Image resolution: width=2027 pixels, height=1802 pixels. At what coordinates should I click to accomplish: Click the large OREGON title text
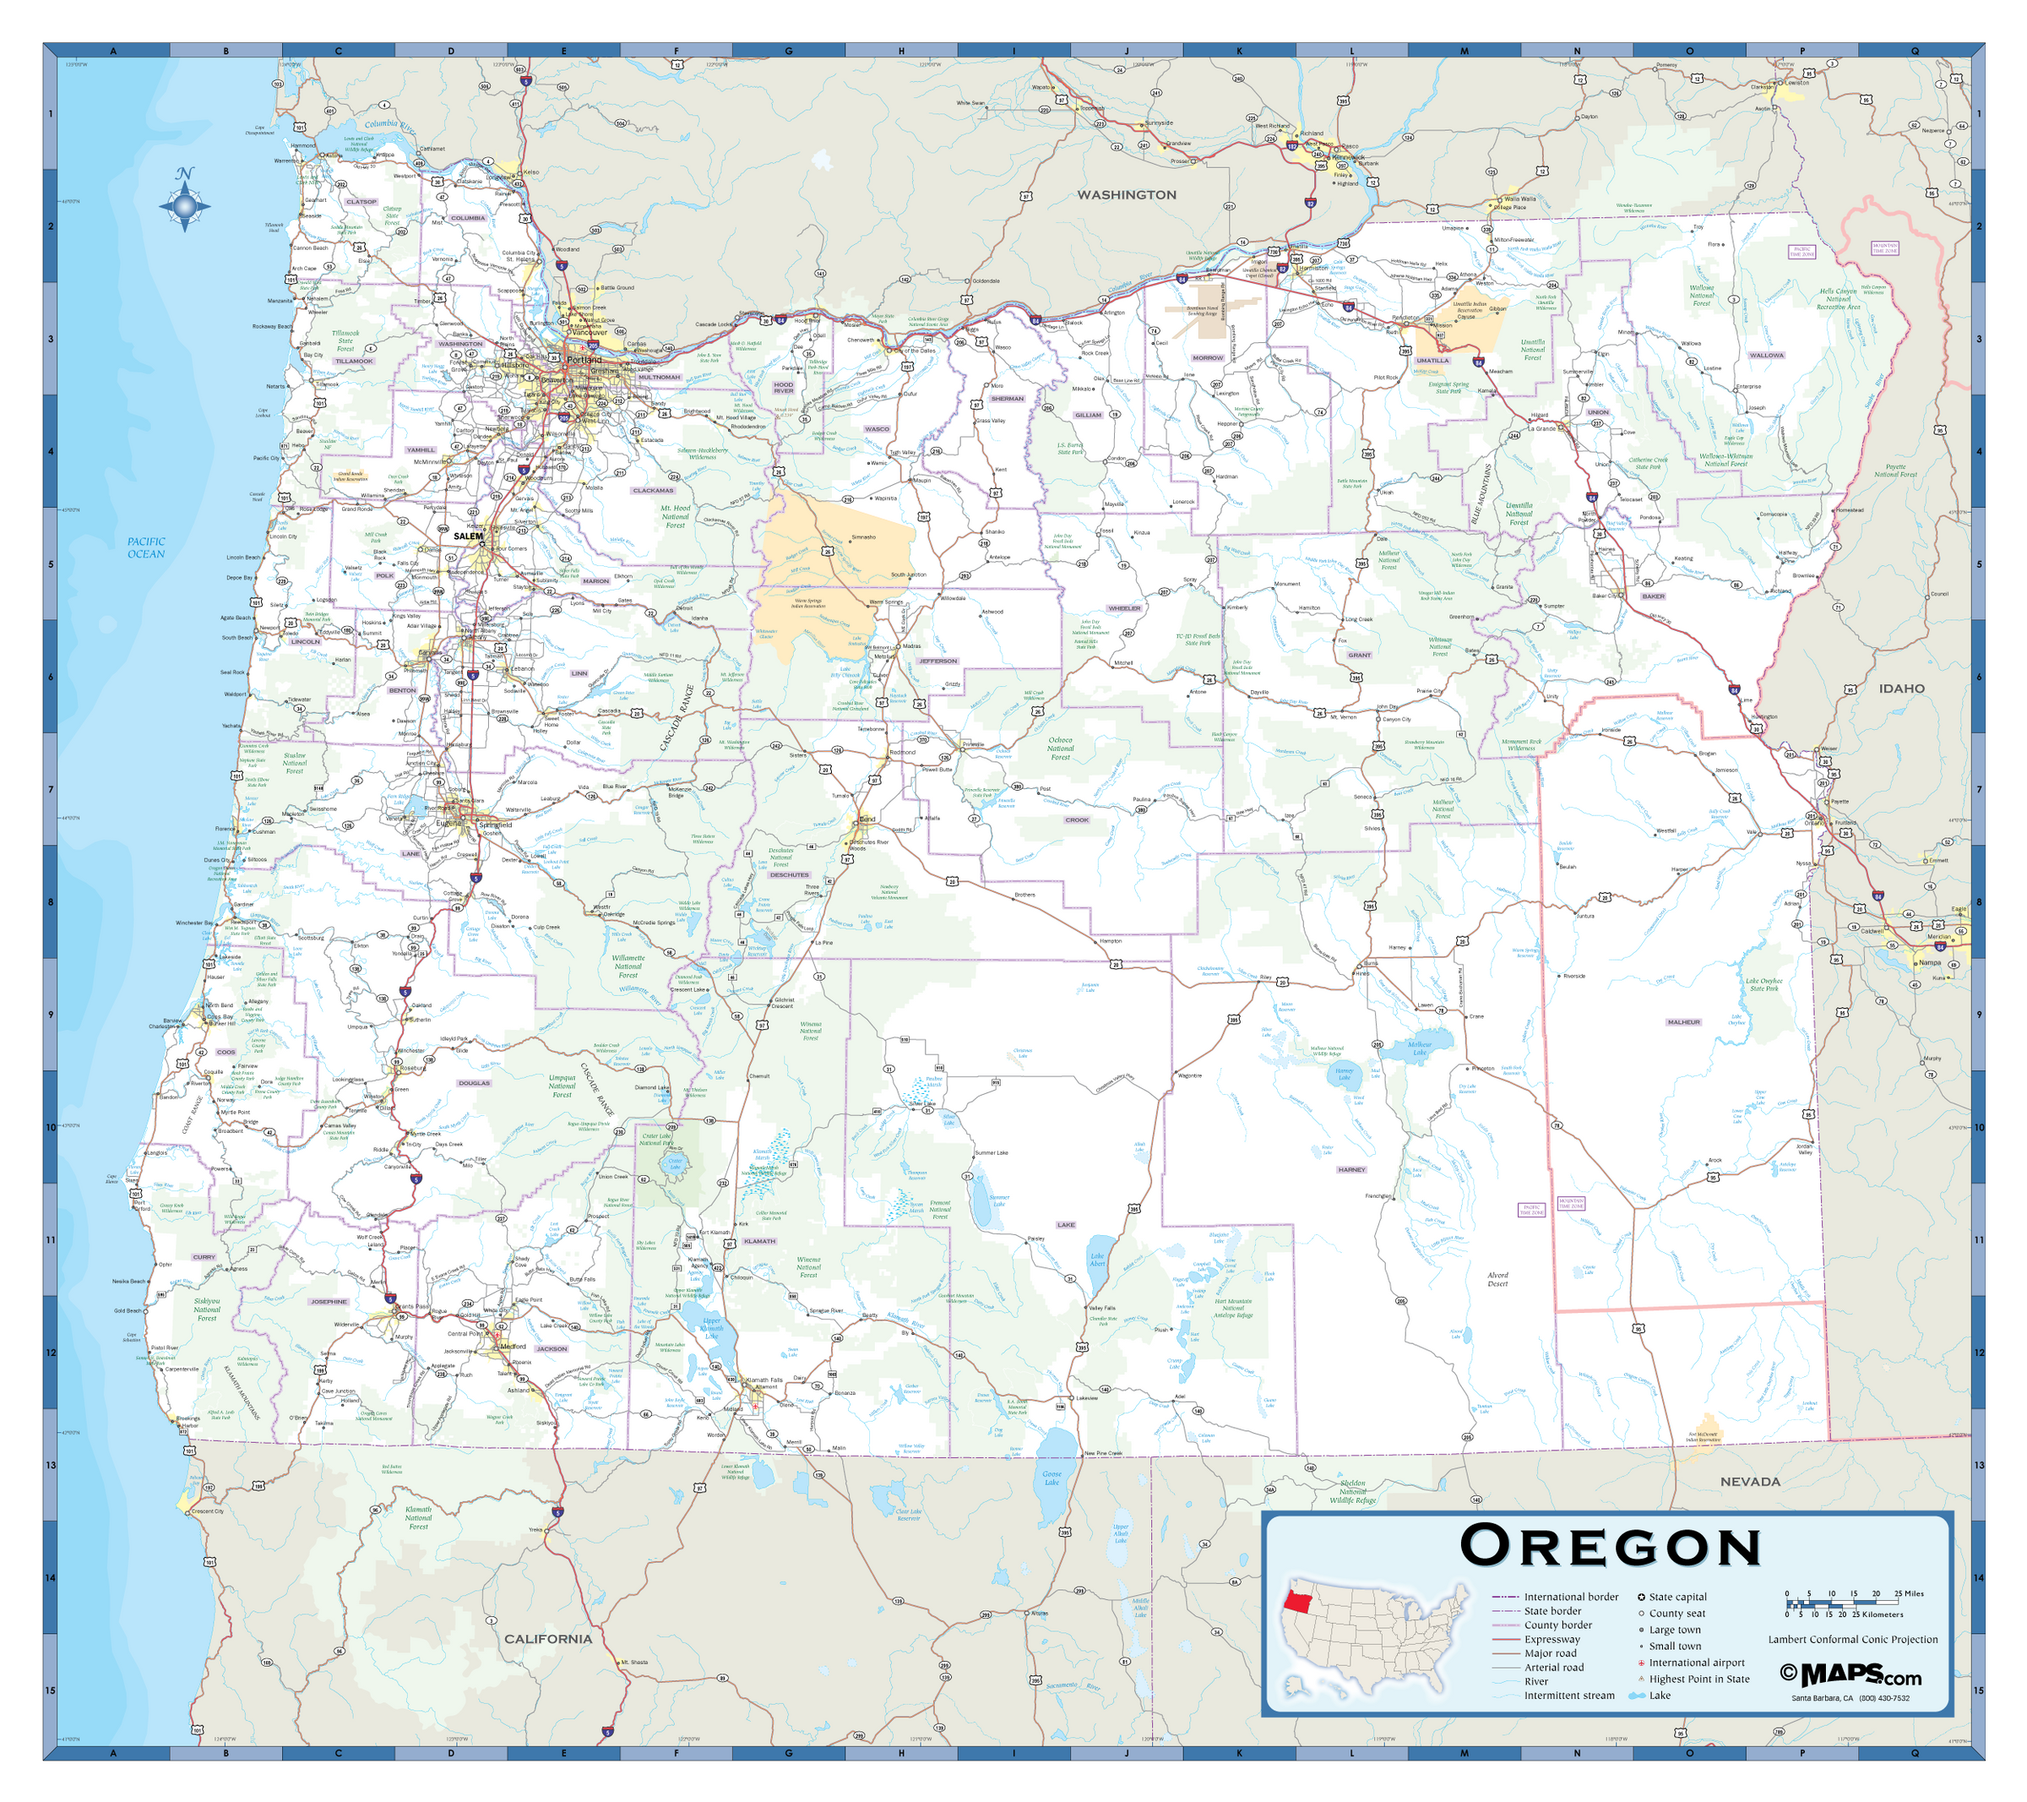click(1610, 1546)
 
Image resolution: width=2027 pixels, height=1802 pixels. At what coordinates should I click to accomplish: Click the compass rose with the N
click(184, 206)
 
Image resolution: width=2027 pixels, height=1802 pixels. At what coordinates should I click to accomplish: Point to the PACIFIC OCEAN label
click(146, 547)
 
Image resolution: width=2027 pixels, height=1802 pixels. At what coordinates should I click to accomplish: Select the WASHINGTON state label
click(1127, 194)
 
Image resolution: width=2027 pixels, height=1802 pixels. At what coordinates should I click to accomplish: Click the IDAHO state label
click(1901, 689)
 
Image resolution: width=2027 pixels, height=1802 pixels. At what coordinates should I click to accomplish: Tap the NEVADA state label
click(1749, 1482)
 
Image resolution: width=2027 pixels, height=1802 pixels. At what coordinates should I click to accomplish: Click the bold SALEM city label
click(468, 536)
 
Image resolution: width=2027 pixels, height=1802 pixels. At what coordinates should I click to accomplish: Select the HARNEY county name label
click(1350, 1169)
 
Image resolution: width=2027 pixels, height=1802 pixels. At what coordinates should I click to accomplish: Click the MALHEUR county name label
click(1683, 1021)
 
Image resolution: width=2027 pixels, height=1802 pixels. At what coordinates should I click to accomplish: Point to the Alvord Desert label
click(1497, 1279)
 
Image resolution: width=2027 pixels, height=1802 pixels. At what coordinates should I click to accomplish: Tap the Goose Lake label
click(1052, 1478)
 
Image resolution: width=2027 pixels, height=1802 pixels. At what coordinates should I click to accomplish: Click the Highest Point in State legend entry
click(1698, 1679)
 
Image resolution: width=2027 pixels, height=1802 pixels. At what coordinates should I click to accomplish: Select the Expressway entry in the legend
click(1552, 1639)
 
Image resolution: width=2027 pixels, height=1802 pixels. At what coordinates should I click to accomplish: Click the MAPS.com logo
click(1850, 1675)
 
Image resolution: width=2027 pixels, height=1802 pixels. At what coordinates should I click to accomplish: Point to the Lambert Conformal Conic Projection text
click(1852, 1639)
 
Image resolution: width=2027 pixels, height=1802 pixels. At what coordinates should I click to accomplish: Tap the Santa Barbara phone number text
click(1850, 1698)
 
